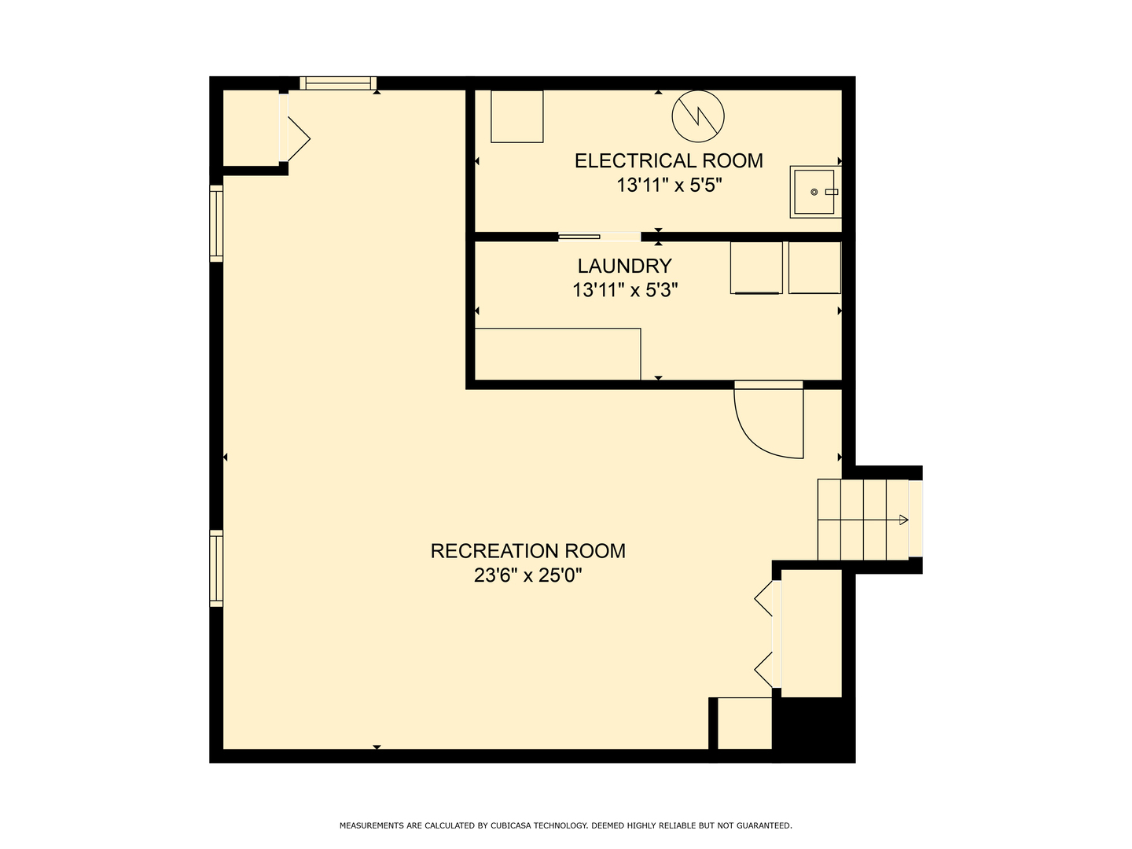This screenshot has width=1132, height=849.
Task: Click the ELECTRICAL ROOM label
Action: click(668, 161)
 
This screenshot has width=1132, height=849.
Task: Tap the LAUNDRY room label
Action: click(624, 266)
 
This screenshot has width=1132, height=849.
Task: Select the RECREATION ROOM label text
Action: click(528, 551)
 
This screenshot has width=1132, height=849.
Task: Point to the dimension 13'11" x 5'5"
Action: click(668, 185)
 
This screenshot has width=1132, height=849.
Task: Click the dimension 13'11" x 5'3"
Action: click(624, 290)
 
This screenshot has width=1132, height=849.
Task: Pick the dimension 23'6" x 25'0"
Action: click(528, 575)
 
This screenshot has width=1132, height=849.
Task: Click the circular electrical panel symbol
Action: click(698, 116)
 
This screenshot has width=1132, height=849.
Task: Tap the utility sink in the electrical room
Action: click(815, 192)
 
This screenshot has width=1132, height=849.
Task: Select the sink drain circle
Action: click(814, 192)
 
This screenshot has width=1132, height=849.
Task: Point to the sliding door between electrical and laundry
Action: click(600, 237)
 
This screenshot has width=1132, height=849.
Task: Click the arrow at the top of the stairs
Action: click(903, 520)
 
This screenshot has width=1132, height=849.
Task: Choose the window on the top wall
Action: click(338, 83)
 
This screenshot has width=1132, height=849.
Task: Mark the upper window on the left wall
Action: click(216, 223)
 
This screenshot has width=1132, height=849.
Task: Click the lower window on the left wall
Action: click(216, 568)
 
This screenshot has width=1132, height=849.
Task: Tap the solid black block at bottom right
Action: click(814, 730)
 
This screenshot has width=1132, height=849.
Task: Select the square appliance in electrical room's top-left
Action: click(516, 116)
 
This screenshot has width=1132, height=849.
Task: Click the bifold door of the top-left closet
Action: click(295, 138)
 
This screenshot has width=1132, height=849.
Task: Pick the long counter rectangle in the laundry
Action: click(557, 354)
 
